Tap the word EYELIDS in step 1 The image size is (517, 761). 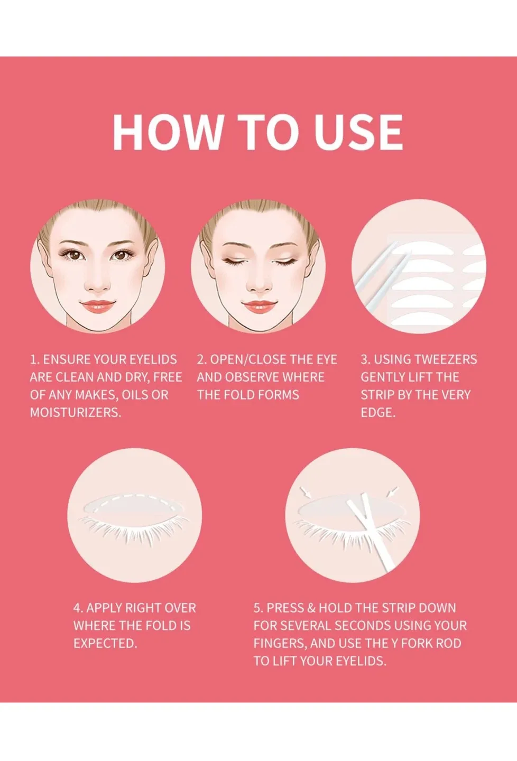(153, 359)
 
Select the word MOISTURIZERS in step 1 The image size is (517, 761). (75, 412)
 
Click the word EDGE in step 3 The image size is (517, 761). (377, 412)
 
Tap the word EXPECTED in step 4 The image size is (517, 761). (105, 643)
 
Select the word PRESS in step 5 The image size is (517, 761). (285, 608)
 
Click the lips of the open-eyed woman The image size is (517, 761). (97, 306)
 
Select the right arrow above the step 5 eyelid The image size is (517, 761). (392, 493)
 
